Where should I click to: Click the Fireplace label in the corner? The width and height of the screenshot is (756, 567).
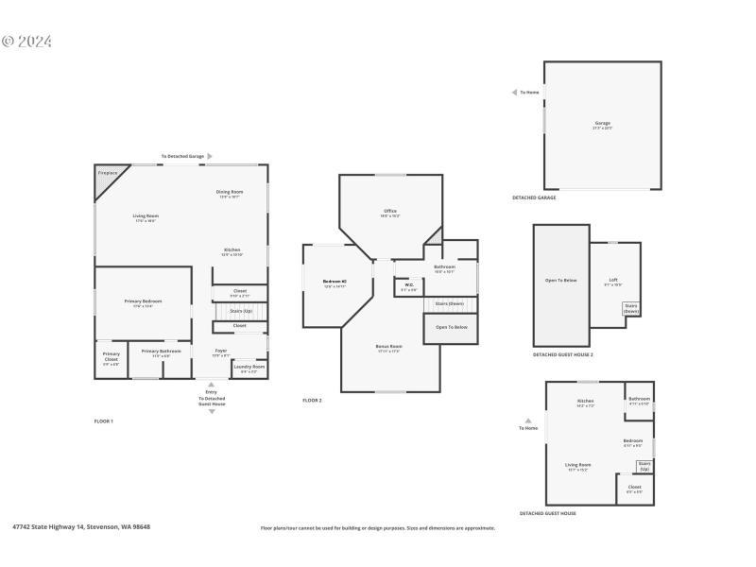(x=107, y=173)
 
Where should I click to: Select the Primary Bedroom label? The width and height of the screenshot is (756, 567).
(x=145, y=301)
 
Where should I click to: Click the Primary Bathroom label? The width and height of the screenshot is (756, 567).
(x=162, y=352)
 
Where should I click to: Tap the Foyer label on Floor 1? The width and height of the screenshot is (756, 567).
(x=221, y=351)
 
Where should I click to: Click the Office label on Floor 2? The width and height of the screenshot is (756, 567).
(x=390, y=212)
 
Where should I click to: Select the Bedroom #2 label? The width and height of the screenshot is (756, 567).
(x=335, y=282)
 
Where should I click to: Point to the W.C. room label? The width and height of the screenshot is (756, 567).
(x=408, y=284)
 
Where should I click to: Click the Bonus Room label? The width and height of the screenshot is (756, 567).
(x=389, y=347)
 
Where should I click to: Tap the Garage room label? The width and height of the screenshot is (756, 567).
(x=602, y=124)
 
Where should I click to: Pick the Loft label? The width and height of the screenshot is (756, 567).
(x=613, y=280)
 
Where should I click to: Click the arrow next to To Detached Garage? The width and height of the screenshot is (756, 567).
(x=210, y=156)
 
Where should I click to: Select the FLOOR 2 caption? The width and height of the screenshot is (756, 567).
(x=312, y=401)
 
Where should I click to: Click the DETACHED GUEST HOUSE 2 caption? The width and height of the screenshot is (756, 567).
(x=562, y=355)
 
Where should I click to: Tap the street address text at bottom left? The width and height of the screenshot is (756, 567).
(x=80, y=527)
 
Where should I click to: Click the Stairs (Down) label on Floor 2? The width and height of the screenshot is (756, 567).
(x=449, y=303)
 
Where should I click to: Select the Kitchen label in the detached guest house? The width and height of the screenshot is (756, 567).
(x=586, y=401)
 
